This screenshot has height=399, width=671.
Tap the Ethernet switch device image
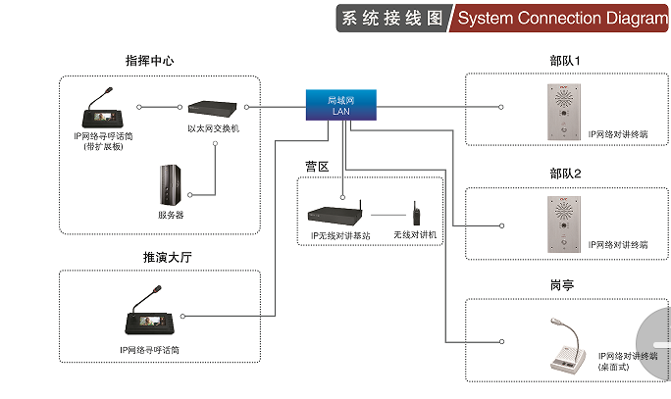tap(212, 107)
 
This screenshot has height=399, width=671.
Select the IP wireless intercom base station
tap(334, 213)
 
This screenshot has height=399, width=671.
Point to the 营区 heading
tap(317, 166)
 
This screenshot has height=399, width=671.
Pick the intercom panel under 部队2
tap(563, 222)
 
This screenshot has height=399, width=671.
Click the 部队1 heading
tap(565, 61)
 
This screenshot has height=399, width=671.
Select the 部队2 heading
tap(565, 174)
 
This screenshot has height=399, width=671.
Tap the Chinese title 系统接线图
tap(389, 19)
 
